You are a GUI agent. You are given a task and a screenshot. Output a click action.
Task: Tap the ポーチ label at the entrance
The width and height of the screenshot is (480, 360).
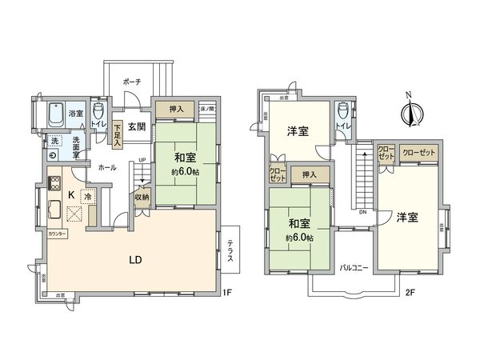(133, 83)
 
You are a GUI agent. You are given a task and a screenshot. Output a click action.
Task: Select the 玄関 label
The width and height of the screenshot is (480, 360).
(136, 126)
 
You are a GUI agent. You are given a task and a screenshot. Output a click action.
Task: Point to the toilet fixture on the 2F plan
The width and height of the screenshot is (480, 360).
(342, 113)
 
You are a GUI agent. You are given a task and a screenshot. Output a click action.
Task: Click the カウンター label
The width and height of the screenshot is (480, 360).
(58, 234)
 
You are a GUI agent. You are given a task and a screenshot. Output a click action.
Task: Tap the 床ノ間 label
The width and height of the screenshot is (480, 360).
(206, 107)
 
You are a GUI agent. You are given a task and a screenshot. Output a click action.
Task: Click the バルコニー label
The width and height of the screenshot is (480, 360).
(352, 268)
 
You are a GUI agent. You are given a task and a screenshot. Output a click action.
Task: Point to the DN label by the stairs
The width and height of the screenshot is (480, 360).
(362, 213)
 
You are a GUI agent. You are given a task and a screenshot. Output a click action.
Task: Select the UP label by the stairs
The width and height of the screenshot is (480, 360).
(142, 160)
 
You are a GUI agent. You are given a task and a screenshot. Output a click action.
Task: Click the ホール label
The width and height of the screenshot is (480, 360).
(106, 169)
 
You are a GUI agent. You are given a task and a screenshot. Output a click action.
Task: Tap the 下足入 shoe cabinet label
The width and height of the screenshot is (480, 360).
(118, 130)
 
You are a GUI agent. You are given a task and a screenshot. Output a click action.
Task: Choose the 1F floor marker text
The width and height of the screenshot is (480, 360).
(227, 294)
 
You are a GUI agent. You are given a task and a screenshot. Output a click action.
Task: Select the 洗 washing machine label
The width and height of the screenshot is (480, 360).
(54, 141)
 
